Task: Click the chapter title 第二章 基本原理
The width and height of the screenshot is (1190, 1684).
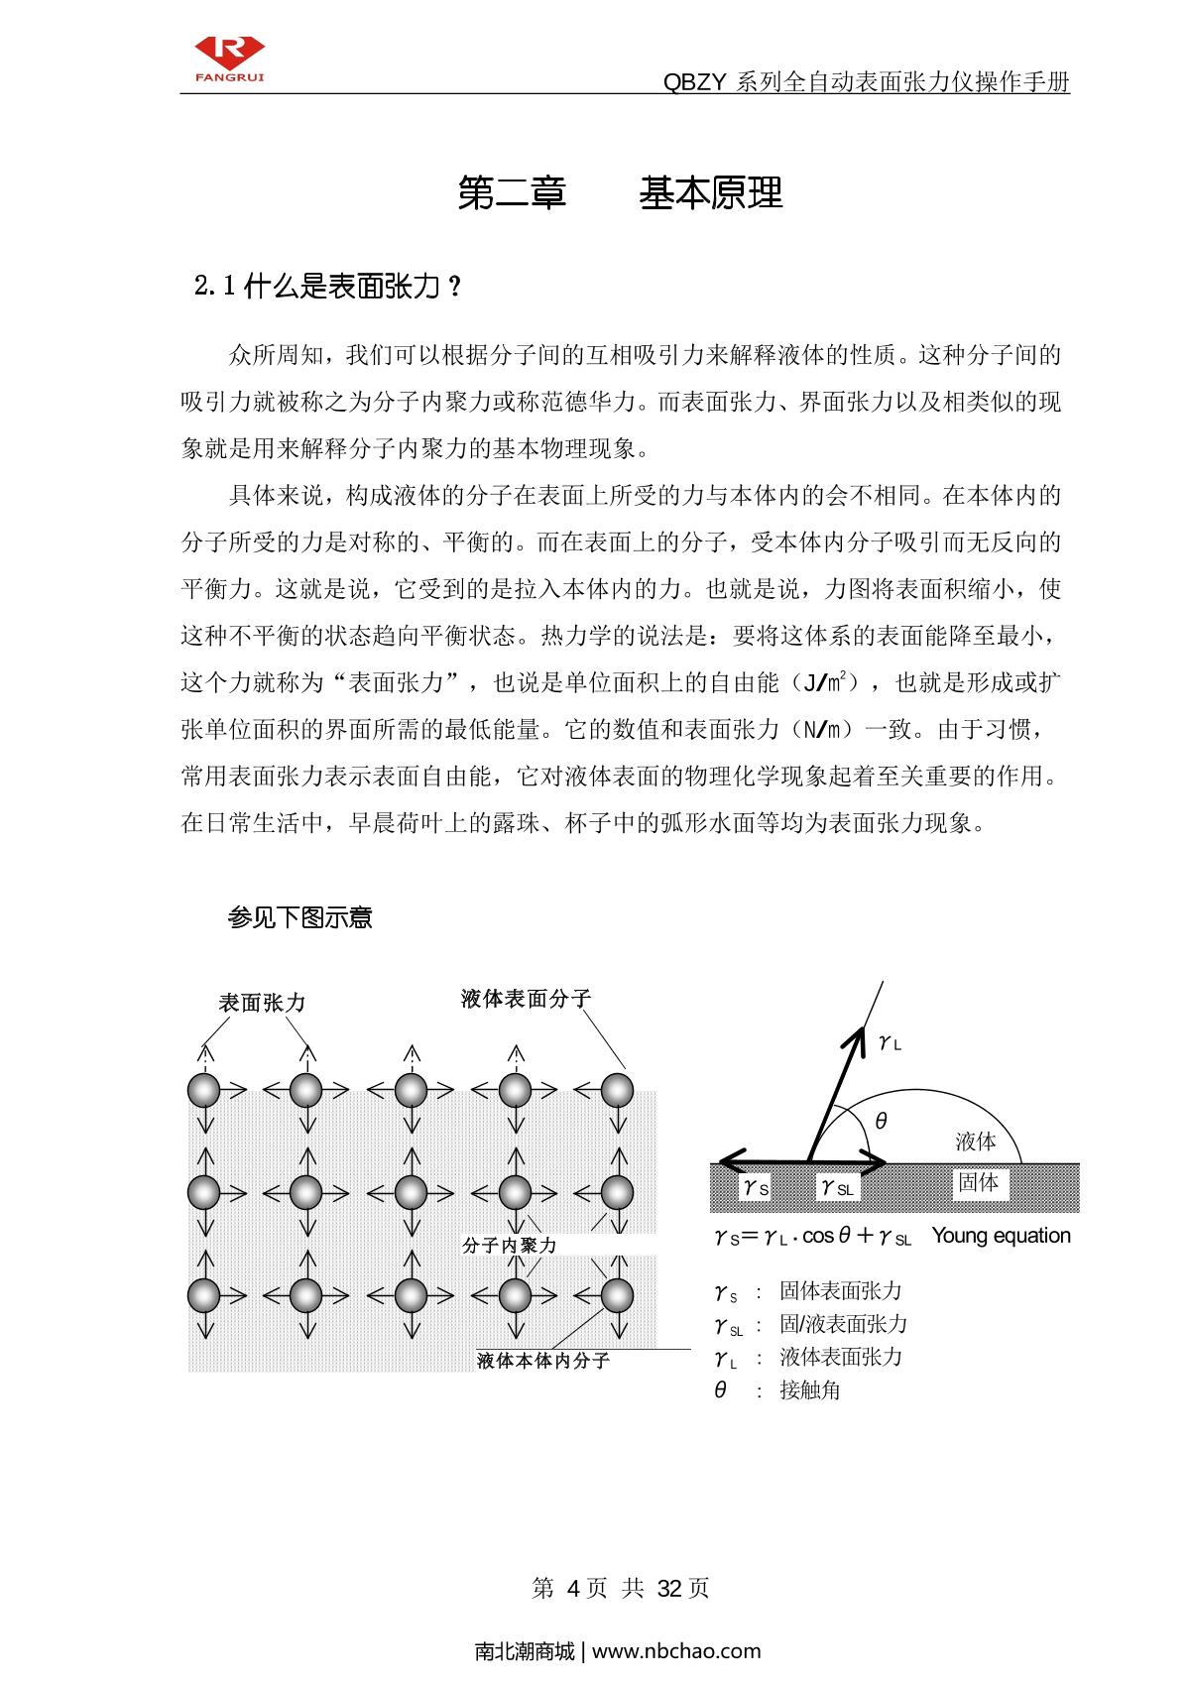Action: click(621, 193)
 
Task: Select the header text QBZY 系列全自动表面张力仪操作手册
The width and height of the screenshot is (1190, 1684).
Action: click(866, 82)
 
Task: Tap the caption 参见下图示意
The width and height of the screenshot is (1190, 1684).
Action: click(299, 917)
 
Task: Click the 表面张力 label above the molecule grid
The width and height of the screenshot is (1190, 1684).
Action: click(262, 1003)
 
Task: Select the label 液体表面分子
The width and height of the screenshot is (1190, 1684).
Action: click(526, 999)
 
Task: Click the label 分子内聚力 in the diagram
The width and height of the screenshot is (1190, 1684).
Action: click(510, 1246)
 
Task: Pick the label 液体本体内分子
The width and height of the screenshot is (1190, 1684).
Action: click(543, 1361)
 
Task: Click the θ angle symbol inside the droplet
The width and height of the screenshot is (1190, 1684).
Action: click(881, 1122)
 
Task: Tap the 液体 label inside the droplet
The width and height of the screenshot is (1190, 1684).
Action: click(976, 1142)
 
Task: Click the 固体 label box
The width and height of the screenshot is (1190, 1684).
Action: click(978, 1183)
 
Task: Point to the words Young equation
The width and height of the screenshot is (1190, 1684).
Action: click(1002, 1236)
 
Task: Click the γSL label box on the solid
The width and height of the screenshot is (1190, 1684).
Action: click(837, 1187)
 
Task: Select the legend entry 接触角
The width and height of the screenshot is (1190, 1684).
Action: click(809, 1390)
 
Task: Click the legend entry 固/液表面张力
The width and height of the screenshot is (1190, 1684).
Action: click(843, 1324)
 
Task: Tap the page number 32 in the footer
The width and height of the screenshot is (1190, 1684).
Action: click(670, 1588)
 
